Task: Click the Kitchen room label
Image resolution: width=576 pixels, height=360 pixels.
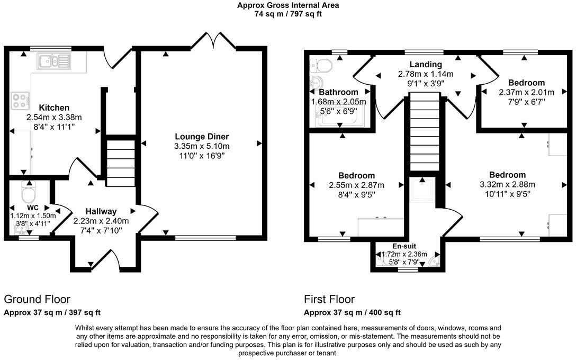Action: [54, 107]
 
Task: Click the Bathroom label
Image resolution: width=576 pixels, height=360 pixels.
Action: [339, 92]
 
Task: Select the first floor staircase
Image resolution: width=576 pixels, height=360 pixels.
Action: [425, 127]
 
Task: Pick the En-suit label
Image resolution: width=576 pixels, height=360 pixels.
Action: [406, 246]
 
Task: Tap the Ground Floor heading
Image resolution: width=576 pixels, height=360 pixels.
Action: [37, 299]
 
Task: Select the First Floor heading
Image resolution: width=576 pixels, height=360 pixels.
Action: [329, 299]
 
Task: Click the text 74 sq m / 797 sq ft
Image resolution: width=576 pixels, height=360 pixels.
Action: [288, 14]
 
